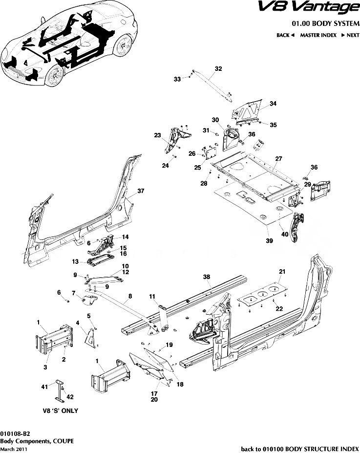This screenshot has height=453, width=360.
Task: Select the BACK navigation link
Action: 285,35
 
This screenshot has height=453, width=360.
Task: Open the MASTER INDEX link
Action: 318,35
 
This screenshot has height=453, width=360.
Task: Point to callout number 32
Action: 218,69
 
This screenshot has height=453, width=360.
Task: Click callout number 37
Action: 141,191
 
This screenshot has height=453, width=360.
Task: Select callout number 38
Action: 207,277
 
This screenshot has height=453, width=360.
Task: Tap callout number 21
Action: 281,271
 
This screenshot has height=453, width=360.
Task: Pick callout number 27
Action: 278,159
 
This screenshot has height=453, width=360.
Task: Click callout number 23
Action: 157,135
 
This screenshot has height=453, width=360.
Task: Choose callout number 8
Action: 130,296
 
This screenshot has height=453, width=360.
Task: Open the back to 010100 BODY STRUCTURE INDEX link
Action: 300,448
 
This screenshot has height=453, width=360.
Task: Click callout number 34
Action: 273,104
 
